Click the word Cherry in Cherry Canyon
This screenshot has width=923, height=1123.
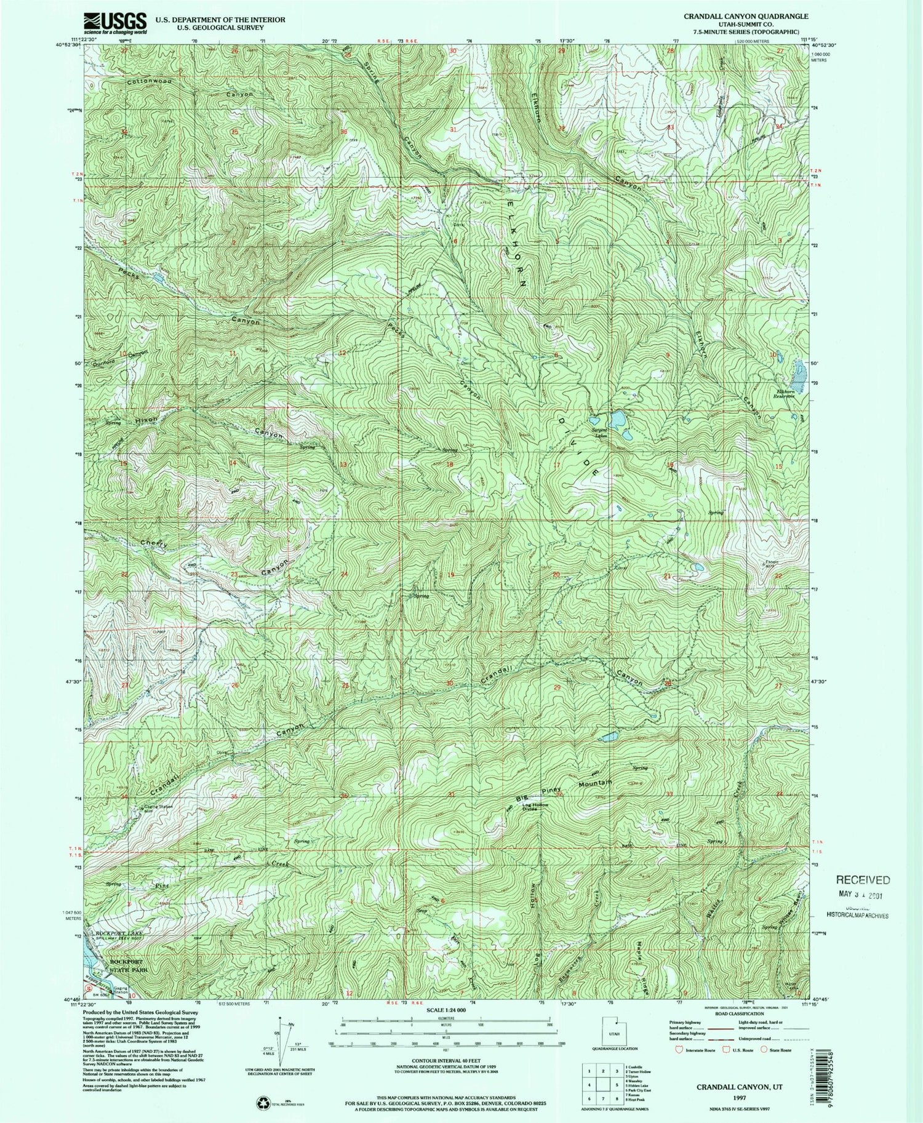coord(154,543)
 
